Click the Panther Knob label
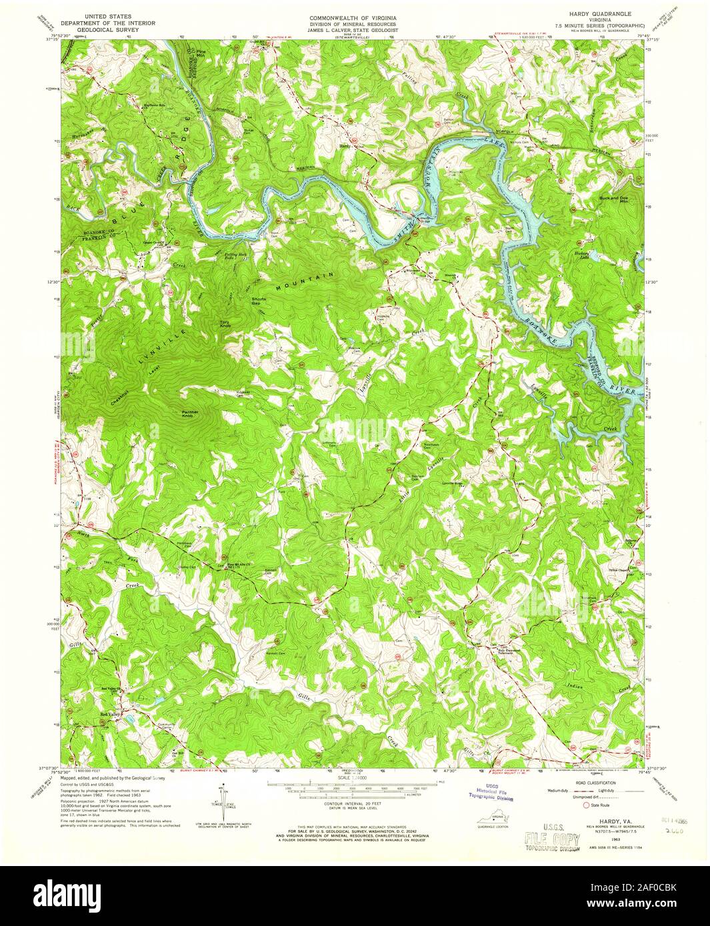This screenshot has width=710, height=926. [x=194, y=415]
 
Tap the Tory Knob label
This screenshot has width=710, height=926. [x=225, y=324]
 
